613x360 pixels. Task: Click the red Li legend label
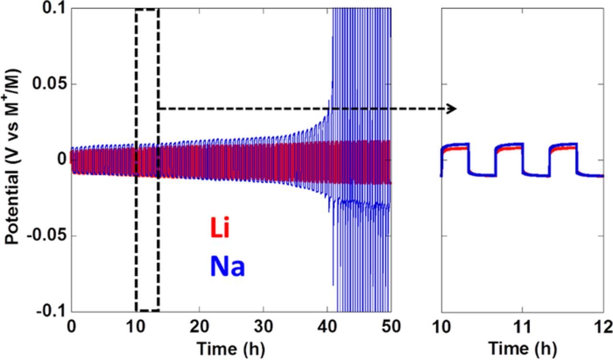click(220, 229)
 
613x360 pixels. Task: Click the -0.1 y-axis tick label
click(49, 312)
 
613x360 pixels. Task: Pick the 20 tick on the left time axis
click(199, 327)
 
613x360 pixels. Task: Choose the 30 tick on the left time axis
click(263, 327)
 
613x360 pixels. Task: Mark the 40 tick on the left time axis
click(327, 327)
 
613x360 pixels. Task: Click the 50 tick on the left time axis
click(390, 327)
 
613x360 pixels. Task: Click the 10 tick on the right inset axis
click(442, 327)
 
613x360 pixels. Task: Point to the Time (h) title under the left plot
click(231, 347)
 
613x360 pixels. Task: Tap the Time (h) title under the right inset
click(522, 347)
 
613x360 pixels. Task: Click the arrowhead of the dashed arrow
click(452, 109)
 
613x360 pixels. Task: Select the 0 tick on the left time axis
click(71, 327)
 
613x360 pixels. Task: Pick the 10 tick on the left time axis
click(136, 327)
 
